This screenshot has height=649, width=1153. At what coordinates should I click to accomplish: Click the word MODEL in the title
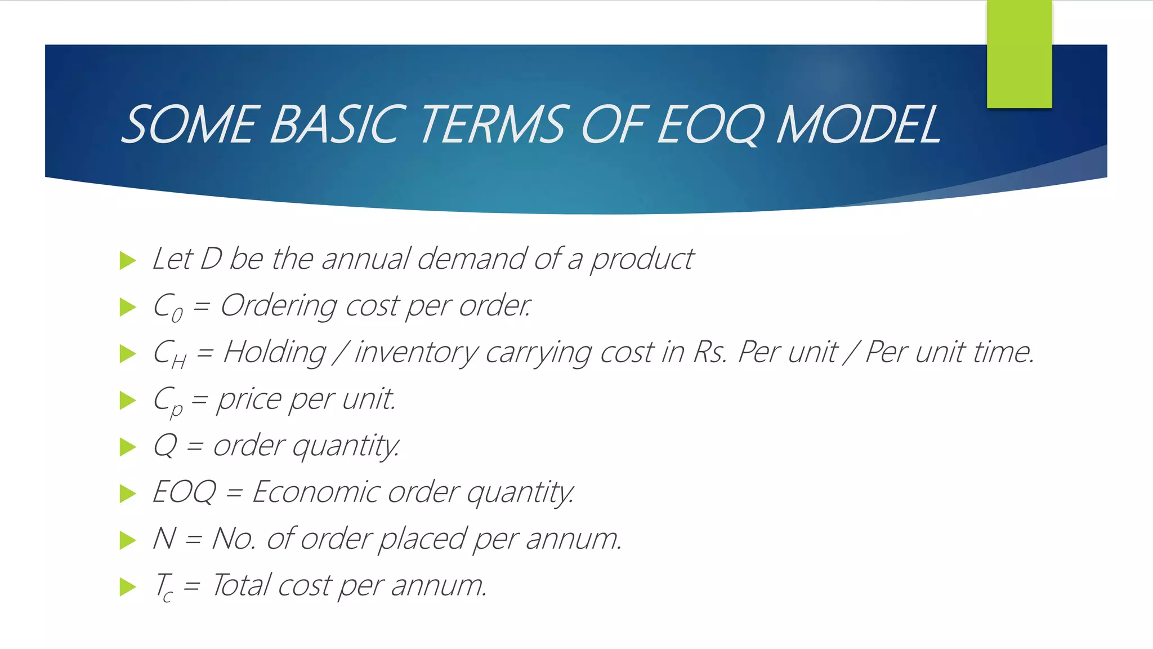[858, 125]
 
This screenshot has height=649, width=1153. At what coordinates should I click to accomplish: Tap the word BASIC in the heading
[338, 125]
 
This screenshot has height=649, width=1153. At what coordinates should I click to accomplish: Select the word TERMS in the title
[491, 125]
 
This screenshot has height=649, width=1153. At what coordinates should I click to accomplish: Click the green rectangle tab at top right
[1019, 54]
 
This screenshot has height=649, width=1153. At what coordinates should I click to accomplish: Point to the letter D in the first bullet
[211, 259]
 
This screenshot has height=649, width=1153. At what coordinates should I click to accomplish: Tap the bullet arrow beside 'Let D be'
[128, 261]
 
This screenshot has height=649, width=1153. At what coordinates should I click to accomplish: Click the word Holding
[274, 353]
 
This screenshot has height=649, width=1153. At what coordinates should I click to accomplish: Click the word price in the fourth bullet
[249, 401]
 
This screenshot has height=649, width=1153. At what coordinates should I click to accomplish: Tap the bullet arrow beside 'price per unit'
[128, 401]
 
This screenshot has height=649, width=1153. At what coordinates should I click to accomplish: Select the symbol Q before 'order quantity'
[165, 446]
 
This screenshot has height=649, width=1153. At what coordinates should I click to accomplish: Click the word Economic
[315, 492]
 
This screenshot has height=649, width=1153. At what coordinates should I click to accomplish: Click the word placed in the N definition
[422, 539]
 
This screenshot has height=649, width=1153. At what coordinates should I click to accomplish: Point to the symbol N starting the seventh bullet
[164, 539]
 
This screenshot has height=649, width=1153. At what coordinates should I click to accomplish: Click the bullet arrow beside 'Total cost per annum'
[128, 587]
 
